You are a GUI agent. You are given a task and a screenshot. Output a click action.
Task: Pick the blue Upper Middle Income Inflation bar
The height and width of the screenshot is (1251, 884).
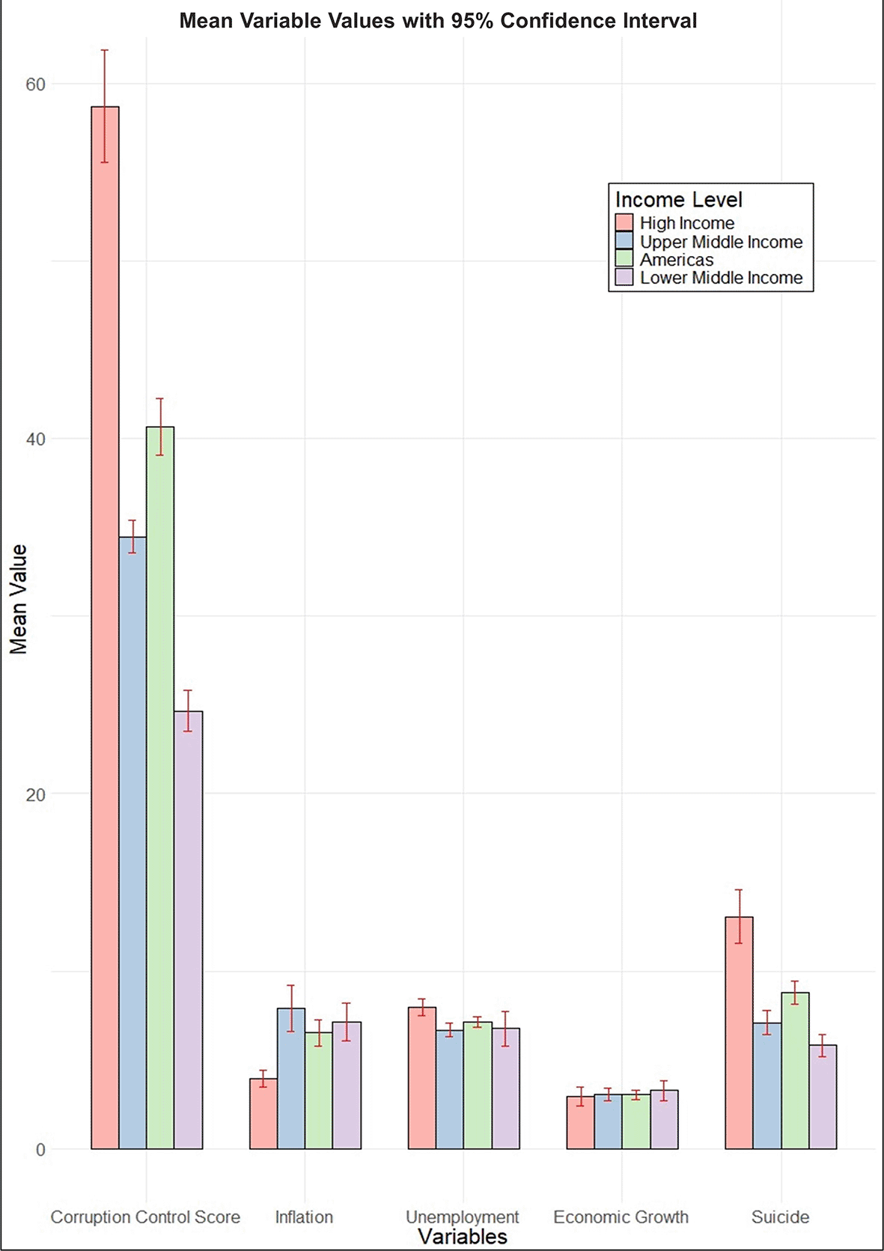(x=291, y=1078)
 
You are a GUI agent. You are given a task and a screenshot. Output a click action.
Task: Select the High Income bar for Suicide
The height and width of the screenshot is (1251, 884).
(x=739, y=1032)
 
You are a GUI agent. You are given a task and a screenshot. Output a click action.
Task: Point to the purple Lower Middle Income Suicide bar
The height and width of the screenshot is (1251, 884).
(x=823, y=1097)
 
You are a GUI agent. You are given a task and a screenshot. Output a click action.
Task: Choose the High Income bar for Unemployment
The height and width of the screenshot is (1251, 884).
(x=421, y=1078)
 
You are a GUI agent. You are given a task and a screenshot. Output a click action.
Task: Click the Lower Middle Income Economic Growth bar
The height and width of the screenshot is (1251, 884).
(x=664, y=1119)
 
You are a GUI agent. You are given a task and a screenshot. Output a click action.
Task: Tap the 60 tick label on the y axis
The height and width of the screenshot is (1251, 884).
(x=35, y=85)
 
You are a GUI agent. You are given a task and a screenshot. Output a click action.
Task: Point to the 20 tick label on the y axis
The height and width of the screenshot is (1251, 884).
(x=35, y=794)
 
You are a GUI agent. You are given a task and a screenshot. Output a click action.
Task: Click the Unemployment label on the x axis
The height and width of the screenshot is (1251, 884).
(x=462, y=1217)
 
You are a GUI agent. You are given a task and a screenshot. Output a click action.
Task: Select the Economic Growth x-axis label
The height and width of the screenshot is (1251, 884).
(x=621, y=1217)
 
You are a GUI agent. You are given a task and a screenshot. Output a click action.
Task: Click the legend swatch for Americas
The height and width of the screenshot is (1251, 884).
(x=624, y=259)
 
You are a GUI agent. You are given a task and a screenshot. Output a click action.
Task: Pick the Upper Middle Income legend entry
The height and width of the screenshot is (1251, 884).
(x=720, y=242)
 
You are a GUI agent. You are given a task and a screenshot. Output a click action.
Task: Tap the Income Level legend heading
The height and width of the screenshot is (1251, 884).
(x=678, y=200)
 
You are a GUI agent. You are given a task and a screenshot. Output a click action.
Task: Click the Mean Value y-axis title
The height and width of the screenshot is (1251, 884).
(x=18, y=599)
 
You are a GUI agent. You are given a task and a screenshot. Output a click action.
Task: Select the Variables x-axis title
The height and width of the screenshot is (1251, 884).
(x=462, y=1236)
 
